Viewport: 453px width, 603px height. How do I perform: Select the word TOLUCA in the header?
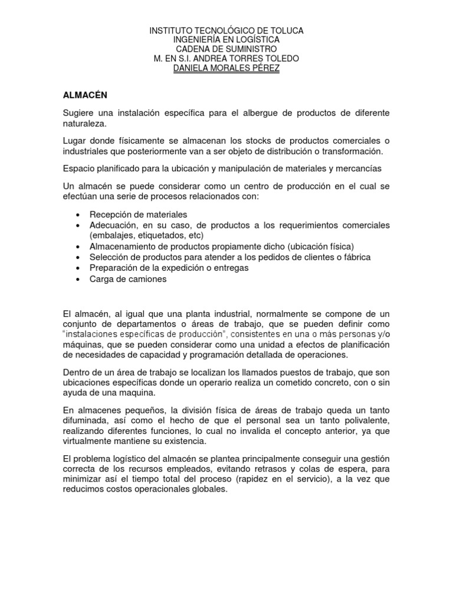point(283,30)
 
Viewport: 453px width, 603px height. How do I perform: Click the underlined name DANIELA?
point(195,68)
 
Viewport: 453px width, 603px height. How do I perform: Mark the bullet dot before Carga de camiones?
point(78,280)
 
